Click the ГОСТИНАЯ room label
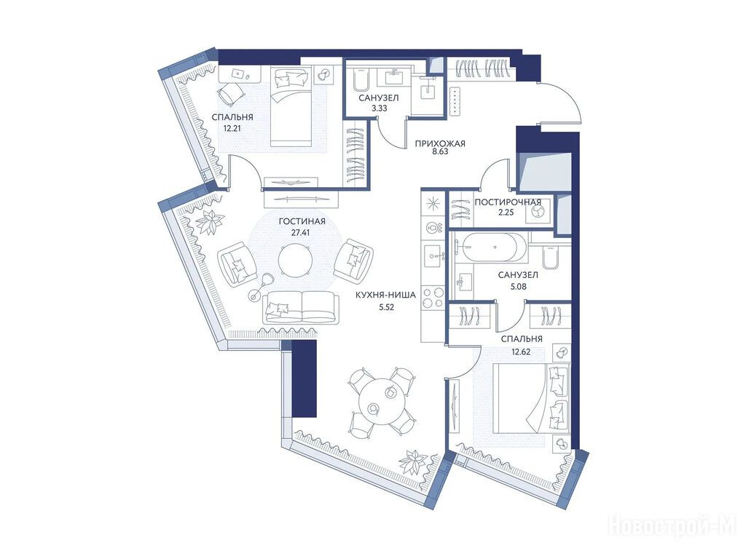tap(302, 221)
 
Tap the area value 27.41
tap(302, 233)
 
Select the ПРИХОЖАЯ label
tap(439, 143)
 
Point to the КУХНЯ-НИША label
tap(386, 296)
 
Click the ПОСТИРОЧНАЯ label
tap(508, 202)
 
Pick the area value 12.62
tap(521, 352)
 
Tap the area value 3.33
tap(379, 108)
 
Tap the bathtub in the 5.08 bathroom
tap(490, 247)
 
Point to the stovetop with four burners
tap(433, 298)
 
